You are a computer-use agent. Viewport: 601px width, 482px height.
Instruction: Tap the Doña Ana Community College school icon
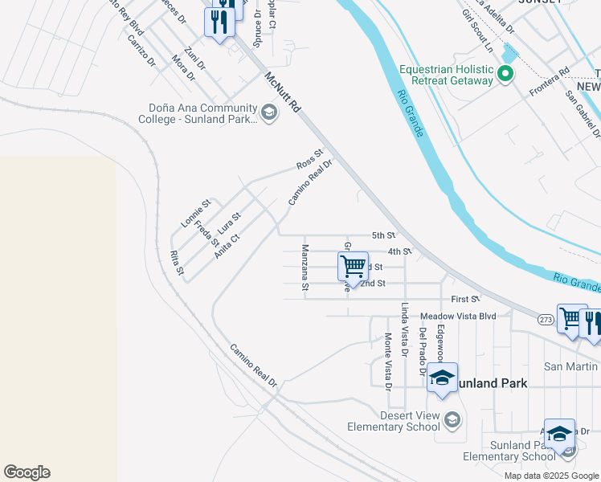pyautogui.click(x=269, y=113)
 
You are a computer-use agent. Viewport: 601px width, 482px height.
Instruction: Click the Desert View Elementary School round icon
pyautogui.click(x=452, y=420)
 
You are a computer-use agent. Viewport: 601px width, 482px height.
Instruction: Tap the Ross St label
pyautogui.click(x=309, y=159)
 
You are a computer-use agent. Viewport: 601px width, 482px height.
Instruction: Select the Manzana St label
pyautogui.click(x=305, y=267)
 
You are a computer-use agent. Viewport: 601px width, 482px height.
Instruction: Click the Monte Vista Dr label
pyautogui.click(x=388, y=361)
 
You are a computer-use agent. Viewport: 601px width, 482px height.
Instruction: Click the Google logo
pyautogui.click(x=27, y=472)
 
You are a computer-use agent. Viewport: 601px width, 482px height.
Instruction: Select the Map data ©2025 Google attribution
pyautogui.click(x=552, y=476)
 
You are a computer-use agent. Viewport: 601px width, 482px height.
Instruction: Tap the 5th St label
pyautogui.click(x=383, y=235)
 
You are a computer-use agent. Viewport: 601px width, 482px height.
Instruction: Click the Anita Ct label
pyautogui.click(x=227, y=246)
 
